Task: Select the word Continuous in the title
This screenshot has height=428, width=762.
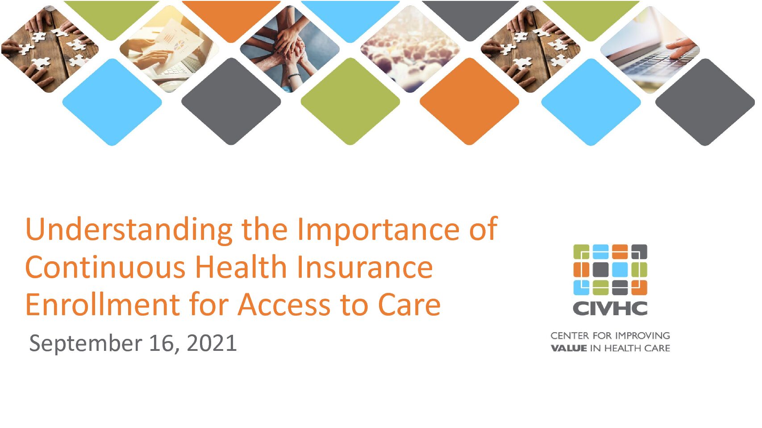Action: click(x=105, y=267)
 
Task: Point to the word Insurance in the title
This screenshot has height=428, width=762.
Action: click(x=365, y=267)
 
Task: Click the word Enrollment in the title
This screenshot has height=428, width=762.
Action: click(x=103, y=305)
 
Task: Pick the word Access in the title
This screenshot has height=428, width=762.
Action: click(x=284, y=305)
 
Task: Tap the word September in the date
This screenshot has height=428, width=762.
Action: click(x=85, y=344)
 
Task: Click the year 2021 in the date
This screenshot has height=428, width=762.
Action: click(x=212, y=343)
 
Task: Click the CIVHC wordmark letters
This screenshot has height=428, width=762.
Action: click(x=610, y=308)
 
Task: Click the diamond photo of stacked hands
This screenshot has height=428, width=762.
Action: click(x=290, y=49)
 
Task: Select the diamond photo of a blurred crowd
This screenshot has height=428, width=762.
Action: click(x=410, y=49)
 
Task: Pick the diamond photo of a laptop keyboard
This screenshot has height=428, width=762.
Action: click(x=650, y=49)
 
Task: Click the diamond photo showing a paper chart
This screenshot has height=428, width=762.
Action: click(x=169, y=49)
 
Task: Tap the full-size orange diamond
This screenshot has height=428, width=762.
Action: click(x=470, y=101)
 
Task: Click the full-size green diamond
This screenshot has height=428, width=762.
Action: click(x=350, y=101)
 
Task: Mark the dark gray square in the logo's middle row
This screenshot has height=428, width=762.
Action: click(x=600, y=270)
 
